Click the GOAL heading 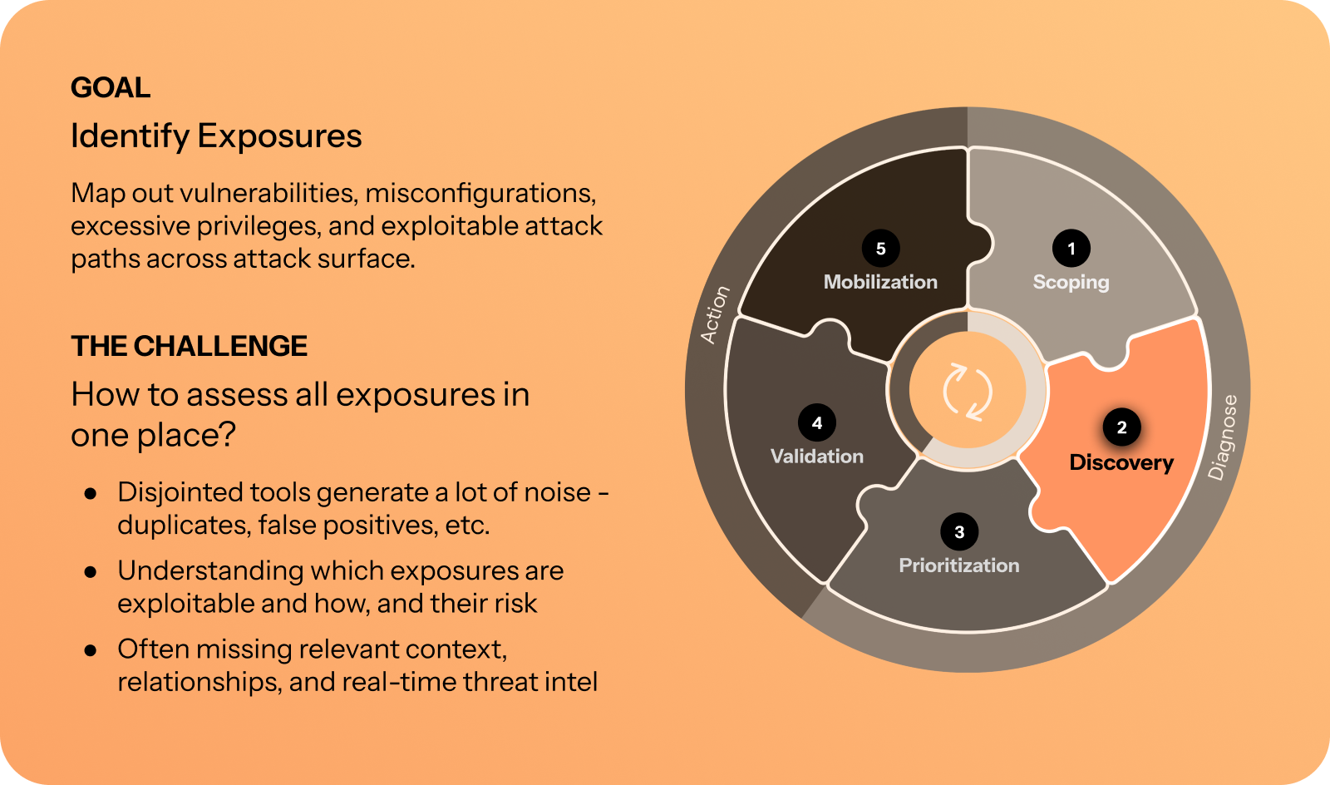[x=111, y=88]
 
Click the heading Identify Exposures [x=216, y=136]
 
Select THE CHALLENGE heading [x=189, y=346]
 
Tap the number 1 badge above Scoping [x=1071, y=248]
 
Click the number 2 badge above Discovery [x=1121, y=427]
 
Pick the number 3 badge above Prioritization [x=959, y=532]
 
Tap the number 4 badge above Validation [x=817, y=422]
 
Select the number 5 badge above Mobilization [x=880, y=248]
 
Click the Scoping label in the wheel [x=1071, y=283]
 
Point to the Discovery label [x=1121, y=463]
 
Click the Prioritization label [x=959, y=565]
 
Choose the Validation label [x=817, y=456]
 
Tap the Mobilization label [x=880, y=281]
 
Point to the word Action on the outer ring [x=714, y=314]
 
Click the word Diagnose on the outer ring [x=1223, y=437]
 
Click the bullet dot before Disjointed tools [x=91, y=493]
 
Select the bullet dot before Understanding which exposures [x=91, y=572]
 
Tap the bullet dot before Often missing [x=91, y=651]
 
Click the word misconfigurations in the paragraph [x=480, y=194]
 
